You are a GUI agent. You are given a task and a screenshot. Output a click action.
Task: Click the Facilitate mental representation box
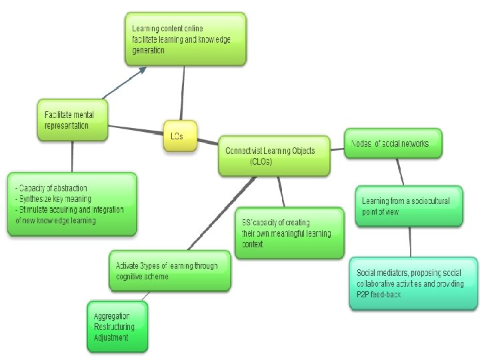coord(73,121)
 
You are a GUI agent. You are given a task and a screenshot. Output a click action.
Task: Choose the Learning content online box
coord(186,39)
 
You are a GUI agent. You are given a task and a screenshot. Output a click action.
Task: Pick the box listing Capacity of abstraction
coord(72,203)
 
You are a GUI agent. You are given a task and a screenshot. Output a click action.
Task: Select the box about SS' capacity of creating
coord(289,233)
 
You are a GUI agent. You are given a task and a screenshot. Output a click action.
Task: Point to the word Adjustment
coord(111,337)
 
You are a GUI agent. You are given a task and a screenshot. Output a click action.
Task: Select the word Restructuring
coord(114,327)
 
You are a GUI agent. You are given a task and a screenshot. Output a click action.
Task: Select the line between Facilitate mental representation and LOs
coord(137,128)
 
